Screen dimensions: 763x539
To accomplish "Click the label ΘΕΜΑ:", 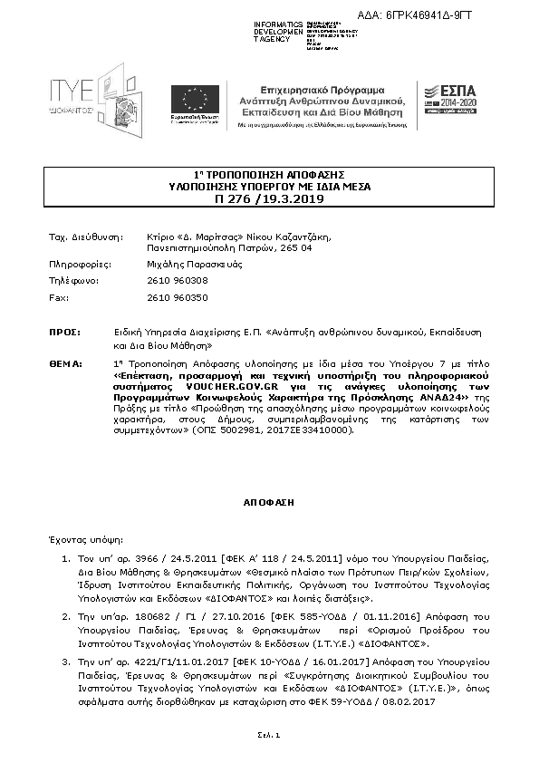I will (x=64, y=362).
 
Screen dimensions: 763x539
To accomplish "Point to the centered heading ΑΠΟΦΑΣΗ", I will (x=269, y=500).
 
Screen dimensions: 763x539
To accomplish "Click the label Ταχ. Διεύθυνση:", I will (x=85, y=236).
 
